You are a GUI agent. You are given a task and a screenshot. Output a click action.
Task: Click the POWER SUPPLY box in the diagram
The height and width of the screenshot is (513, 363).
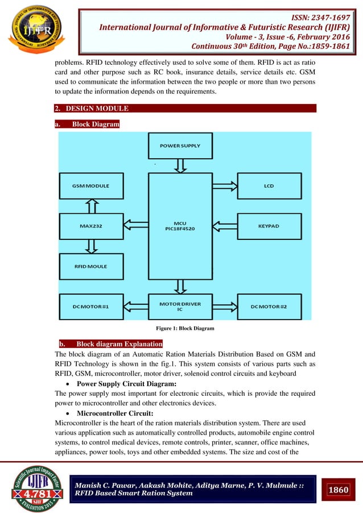(180, 146)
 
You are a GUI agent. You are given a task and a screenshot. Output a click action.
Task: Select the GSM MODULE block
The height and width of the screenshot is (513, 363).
(91, 186)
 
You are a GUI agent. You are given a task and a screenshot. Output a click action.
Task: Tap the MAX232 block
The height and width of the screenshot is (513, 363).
(91, 226)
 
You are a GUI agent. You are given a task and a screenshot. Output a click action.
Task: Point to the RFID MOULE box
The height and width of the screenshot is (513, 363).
(91, 266)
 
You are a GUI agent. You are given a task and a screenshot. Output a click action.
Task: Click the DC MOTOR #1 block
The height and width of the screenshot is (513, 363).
(91, 307)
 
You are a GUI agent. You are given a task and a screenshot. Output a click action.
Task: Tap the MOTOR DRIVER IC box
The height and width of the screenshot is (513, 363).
(180, 307)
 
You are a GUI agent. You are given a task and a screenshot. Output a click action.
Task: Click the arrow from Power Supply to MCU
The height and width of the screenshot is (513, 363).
(180, 166)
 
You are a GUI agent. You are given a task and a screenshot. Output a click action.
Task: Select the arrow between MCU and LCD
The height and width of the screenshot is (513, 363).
(224, 186)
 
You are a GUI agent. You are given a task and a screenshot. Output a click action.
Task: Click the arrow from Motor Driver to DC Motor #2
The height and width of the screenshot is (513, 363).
(224, 307)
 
